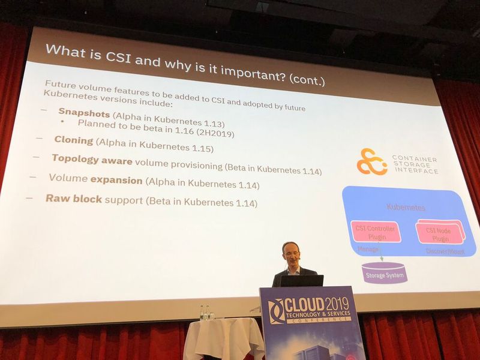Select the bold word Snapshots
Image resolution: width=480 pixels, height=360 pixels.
pyautogui.click(x=84, y=112)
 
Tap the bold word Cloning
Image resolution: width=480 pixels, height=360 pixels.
pyautogui.click(x=74, y=140)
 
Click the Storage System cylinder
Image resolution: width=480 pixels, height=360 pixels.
pyautogui.click(x=384, y=272)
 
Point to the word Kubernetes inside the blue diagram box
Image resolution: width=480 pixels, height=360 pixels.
pyautogui.click(x=406, y=208)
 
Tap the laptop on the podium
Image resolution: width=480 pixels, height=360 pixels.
pyautogui.click(x=301, y=280)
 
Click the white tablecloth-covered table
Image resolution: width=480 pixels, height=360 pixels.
pyautogui.click(x=223, y=339)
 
